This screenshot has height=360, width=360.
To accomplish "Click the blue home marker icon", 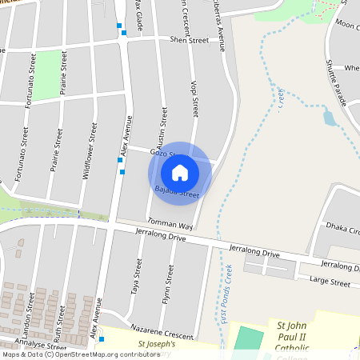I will [x=180, y=172].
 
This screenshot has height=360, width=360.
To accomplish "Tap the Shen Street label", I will [x=189, y=39].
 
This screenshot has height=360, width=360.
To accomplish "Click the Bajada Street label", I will [x=176, y=192].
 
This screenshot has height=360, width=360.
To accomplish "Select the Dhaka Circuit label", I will [x=342, y=230].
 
